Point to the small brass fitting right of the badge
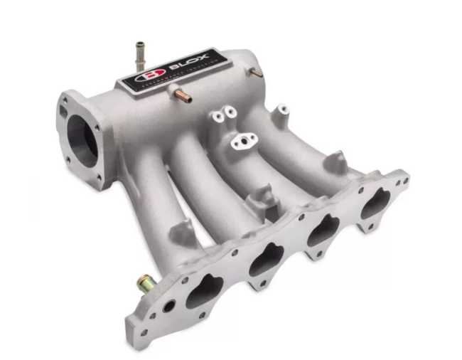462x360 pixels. point(256,73)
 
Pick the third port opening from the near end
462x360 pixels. point(324,229)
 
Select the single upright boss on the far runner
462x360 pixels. point(282,110)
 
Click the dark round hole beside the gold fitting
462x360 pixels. point(169,307)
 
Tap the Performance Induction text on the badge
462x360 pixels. point(174,81)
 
